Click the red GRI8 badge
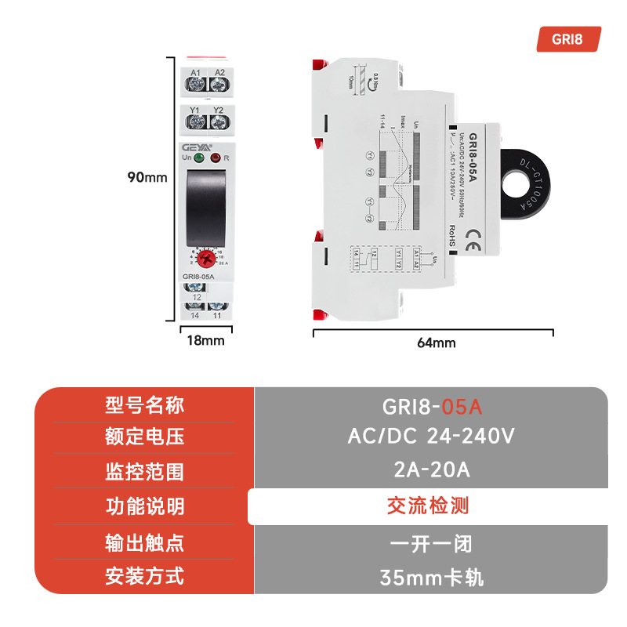click(568, 39)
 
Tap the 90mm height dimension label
click(148, 177)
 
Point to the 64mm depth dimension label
click(437, 342)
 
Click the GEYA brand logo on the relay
click(196, 147)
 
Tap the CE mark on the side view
click(474, 238)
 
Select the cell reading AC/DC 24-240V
click(430, 436)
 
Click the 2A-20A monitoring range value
click(430, 470)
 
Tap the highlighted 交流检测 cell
click(428, 506)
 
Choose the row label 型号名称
click(145, 405)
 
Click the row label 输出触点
click(145, 542)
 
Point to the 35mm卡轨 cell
click(430, 578)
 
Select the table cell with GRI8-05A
click(430, 407)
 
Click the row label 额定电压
click(145, 437)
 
